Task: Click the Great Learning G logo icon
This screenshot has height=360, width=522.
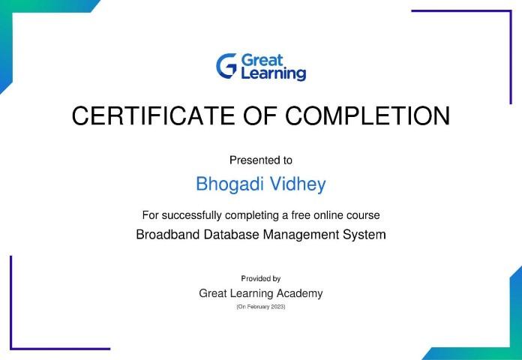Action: [x=226, y=66]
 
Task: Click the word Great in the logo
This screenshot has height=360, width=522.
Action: [x=262, y=60]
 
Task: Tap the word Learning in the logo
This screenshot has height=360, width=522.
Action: [x=273, y=73]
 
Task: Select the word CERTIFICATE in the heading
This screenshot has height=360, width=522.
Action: [x=153, y=115]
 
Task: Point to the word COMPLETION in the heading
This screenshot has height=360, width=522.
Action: [x=367, y=115]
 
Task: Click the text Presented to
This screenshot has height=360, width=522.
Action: [x=261, y=160]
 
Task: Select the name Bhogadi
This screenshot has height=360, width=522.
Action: [x=229, y=184]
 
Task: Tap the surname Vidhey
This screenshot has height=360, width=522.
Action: [x=298, y=184]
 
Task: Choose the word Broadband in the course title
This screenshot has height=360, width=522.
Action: [x=168, y=235]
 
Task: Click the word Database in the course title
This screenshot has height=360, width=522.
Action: [x=231, y=235]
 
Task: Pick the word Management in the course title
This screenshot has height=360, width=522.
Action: [x=301, y=235]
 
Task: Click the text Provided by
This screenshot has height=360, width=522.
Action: [x=261, y=278]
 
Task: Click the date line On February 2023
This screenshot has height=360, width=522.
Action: [x=261, y=307]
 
